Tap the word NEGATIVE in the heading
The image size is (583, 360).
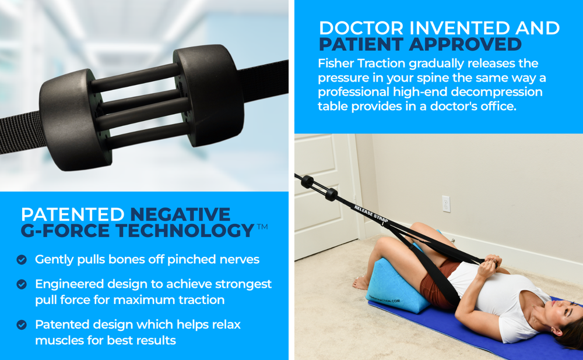(180, 214)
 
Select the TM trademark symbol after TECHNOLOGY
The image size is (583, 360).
(262, 227)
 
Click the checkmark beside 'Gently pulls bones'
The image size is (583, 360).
(22, 260)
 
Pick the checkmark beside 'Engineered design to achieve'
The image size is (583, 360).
(22, 284)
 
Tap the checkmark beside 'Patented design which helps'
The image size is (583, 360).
(22, 325)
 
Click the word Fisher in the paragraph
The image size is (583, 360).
(338, 63)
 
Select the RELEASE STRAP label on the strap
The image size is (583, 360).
(371, 214)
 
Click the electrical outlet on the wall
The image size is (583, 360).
(446, 204)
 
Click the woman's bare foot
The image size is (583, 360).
(361, 283)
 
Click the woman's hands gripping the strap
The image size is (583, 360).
(490, 265)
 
